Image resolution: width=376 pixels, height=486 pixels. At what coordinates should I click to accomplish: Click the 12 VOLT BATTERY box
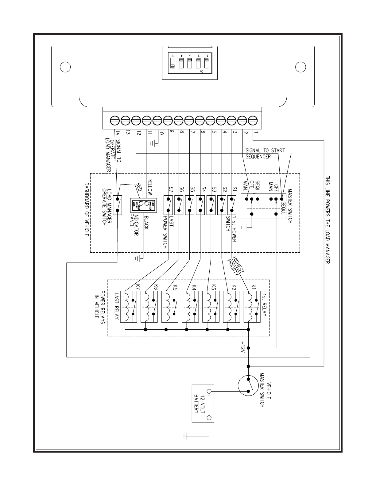tap(203, 404)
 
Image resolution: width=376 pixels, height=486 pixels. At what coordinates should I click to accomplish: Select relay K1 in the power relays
tap(252, 306)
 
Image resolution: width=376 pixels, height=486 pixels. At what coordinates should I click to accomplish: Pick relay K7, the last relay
tap(129, 306)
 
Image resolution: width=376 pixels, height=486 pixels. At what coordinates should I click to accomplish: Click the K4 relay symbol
tap(190, 306)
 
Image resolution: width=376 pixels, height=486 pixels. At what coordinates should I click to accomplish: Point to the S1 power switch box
tap(231, 205)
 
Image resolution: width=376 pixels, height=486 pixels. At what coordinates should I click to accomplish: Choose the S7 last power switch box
tap(168, 205)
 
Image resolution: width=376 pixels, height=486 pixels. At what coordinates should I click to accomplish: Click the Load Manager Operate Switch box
tap(118, 205)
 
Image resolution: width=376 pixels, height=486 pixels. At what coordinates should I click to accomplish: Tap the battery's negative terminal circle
tap(210, 417)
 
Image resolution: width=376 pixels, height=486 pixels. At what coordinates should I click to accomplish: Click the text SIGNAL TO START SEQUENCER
tap(265, 153)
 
